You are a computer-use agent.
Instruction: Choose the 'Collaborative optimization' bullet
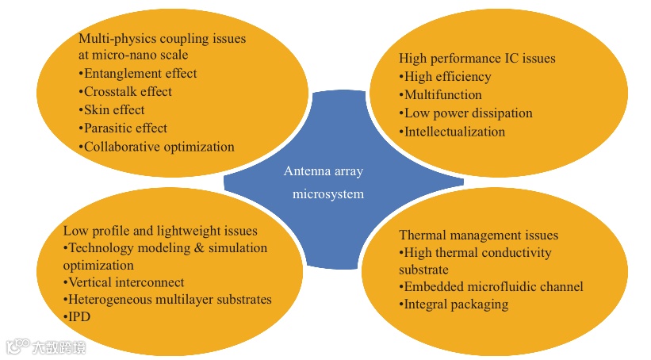[156, 147]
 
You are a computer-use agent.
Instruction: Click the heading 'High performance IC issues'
[477, 59]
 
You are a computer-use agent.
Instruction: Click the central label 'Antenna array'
[323, 171]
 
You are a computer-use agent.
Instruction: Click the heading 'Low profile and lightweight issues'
[160, 231]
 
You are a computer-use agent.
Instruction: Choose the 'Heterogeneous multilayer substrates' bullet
[167, 300]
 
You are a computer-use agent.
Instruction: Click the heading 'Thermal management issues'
[478, 236]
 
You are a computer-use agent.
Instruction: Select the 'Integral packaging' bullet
[454, 304]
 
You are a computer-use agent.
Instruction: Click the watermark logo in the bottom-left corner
[46, 347]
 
